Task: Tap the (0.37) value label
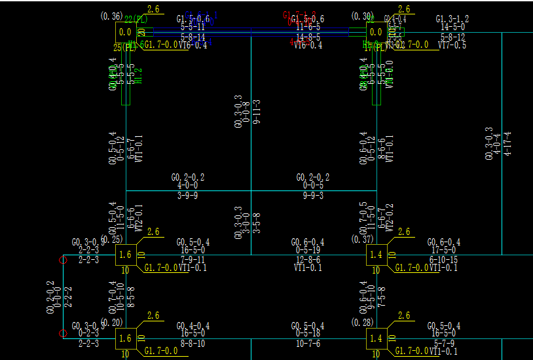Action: pos(362,240)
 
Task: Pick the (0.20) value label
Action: pos(111,323)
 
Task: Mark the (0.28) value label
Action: pos(362,323)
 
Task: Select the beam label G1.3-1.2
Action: pos(452,20)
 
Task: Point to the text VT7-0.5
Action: pos(452,45)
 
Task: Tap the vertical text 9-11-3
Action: pos(257,112)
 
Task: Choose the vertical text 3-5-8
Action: pos(257,223)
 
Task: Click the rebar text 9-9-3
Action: pos(313,195)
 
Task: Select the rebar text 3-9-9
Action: pos(188,195)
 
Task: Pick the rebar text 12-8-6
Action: pos(308,260)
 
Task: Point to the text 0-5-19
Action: pos(308,251)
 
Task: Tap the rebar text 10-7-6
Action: pos(308,343)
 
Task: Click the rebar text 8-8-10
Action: pos(193,343)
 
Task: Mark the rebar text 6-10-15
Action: pos(443,260)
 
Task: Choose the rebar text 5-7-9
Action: pos(443,343)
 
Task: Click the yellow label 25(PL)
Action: pos(125,47)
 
